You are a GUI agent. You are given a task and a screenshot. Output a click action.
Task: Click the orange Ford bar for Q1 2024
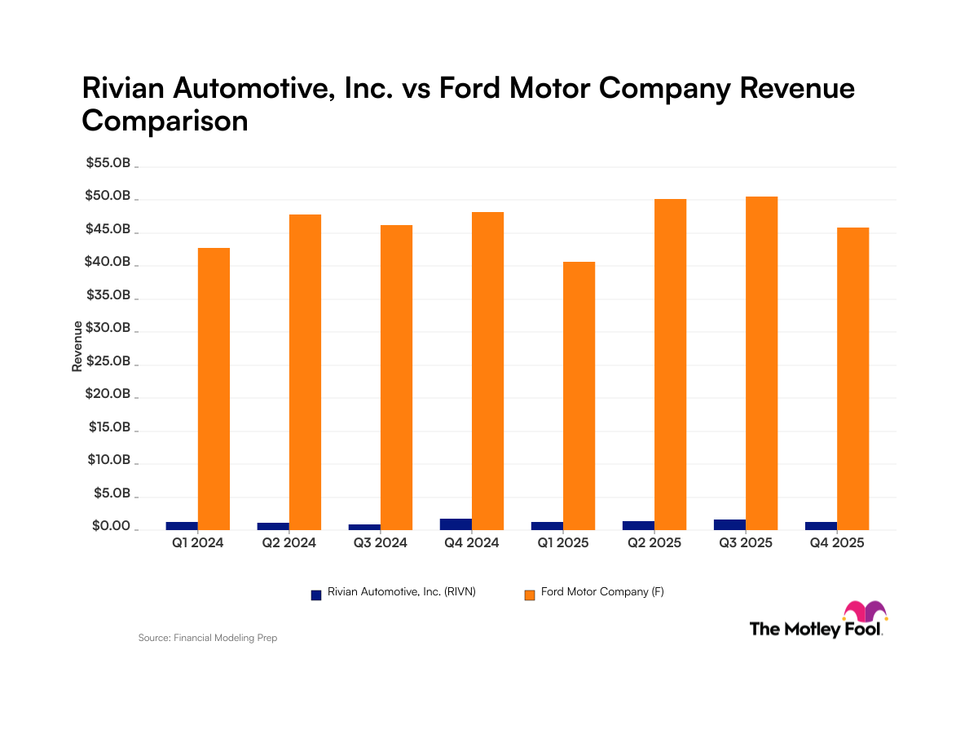(214, 388)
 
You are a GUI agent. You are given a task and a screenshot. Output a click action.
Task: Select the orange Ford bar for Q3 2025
(761, 363)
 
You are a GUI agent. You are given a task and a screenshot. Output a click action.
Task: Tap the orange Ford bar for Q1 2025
(579, 396)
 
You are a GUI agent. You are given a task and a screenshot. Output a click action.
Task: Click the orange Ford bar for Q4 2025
(852, 378)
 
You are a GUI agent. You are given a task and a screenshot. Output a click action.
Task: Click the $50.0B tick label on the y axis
(108, 197)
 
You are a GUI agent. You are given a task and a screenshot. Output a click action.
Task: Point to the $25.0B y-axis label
(108, 361)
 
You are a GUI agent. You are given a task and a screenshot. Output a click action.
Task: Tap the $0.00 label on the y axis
(110, 527)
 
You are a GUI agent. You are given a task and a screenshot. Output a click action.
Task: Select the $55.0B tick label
(108, 163)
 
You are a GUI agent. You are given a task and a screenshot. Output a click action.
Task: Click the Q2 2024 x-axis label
(289, 542)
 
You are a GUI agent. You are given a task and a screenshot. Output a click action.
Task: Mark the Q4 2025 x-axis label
(836, 542)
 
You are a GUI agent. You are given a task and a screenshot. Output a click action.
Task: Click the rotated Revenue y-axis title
(77, 347)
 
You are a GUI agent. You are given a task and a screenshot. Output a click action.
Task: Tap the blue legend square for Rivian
(316, 595)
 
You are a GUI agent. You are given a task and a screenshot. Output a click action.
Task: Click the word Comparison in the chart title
(165, 121)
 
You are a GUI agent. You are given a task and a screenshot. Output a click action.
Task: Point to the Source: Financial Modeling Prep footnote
(208, 638)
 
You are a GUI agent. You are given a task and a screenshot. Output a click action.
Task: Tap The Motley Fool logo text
(815, 629)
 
